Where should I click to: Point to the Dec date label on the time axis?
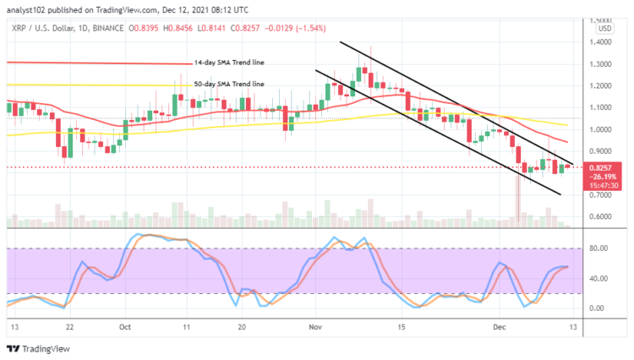click(500, 326)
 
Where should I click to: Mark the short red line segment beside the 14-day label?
click(85, 63)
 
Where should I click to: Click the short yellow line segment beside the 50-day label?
click(85, 85)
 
